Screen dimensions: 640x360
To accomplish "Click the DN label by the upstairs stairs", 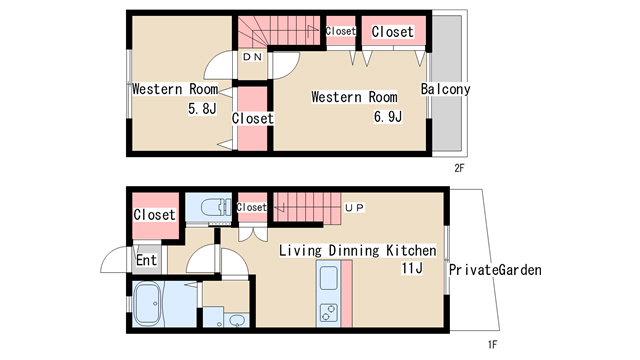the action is (252, 57).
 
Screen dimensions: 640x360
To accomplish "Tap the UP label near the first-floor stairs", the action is (354, 208).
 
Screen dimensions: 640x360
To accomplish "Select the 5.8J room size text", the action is (202, 108).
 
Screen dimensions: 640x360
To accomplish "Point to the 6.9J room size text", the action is (388, 117).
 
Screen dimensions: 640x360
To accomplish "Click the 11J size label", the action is (412, 268).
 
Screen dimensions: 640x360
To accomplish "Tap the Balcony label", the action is (445, 89).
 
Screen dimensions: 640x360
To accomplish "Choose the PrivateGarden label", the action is (495, 270).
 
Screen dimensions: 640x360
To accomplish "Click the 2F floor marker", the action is (459, 168).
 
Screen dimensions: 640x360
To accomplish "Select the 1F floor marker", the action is (493, 344).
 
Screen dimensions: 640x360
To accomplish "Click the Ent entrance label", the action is (146, 260).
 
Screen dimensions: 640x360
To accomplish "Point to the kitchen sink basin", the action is (329, 277).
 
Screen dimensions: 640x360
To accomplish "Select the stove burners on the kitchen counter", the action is (329, 313).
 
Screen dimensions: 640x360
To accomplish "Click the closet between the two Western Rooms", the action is (252, 118).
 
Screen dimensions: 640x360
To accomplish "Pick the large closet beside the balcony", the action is (393, 31).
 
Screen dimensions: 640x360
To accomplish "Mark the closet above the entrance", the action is (156, 216).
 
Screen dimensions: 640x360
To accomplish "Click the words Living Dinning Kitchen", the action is (358, 250).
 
